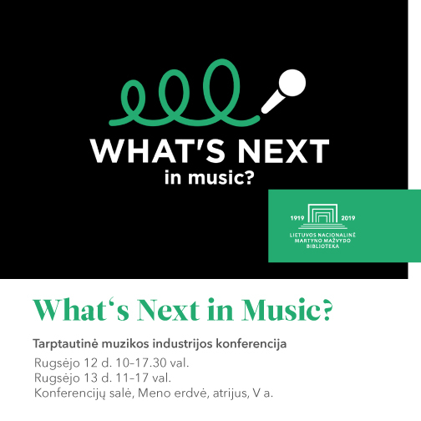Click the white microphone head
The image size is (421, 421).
[x=292, y=83]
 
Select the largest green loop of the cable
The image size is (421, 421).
[x=221, y=89]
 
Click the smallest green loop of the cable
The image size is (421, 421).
[x=133, y=99]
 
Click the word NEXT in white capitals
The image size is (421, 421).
[x=283, y=150]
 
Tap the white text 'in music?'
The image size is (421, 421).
[x=209, y=178]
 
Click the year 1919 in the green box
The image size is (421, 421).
[x=297, y=218]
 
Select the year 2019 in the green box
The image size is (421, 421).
[x=348, y=218]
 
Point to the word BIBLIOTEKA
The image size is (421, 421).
[x=322, y=246]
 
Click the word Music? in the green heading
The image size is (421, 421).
[x=287, y=311]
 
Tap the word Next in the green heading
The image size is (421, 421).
[x=168, y=311]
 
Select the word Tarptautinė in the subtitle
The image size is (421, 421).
[x=65, y=344]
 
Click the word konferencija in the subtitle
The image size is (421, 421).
[x=251, y=344]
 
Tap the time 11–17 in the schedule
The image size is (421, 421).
[x=131, y=378]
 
